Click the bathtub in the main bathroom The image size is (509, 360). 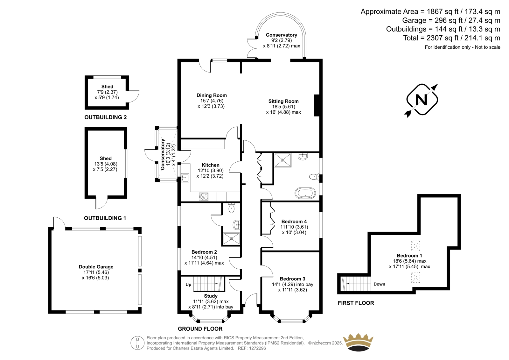pyautogui.click(x=305, y=193)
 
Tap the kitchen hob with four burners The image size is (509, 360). pyautogui.click(x=203, y=196)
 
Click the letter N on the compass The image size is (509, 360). pyautogui.click(x=422, y=100)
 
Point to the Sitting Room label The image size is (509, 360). pyautogui.click(x=283, y=101)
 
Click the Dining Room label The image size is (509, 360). pyautogui.click(x=212, y=95)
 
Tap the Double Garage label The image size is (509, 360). pyautogui.click(x=96, y=267)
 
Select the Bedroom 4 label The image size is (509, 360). pyautogui.click(x=294, y=222)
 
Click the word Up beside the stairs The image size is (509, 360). pyautogui.click(x=188, y=285)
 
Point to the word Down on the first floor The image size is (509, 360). pyautogui.click(x=379, y=284)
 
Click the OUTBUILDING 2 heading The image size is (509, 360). pyautogui.click(x=105, y=117)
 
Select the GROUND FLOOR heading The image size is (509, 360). pyautogui.click(x=200, y=329)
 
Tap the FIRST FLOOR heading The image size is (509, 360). pyautogui.click(x=356, y=303)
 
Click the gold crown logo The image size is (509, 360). pyautogui.click(x=358, y=342)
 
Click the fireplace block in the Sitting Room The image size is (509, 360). pyautogui.click(x=317, y=106)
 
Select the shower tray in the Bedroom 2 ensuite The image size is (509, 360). pyautogui.click(x=231, y=238)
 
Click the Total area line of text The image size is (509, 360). pyautogui.click(x=451, y=38)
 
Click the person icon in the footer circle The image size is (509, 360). pyautogui.click(x=137, y=343)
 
